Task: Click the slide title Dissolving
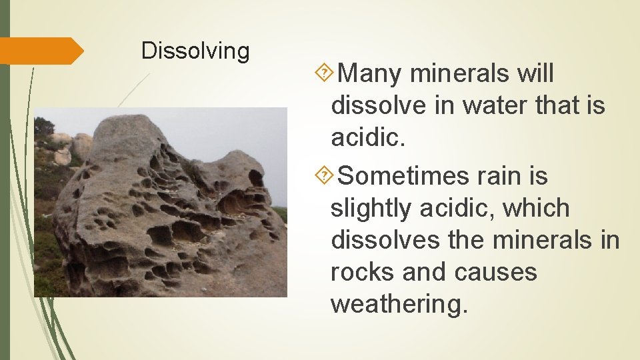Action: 195,51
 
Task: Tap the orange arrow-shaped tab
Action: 41,51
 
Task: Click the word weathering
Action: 399,304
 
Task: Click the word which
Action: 537,209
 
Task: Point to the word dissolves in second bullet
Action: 385,240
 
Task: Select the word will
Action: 535,73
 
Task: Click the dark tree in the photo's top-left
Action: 44,127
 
